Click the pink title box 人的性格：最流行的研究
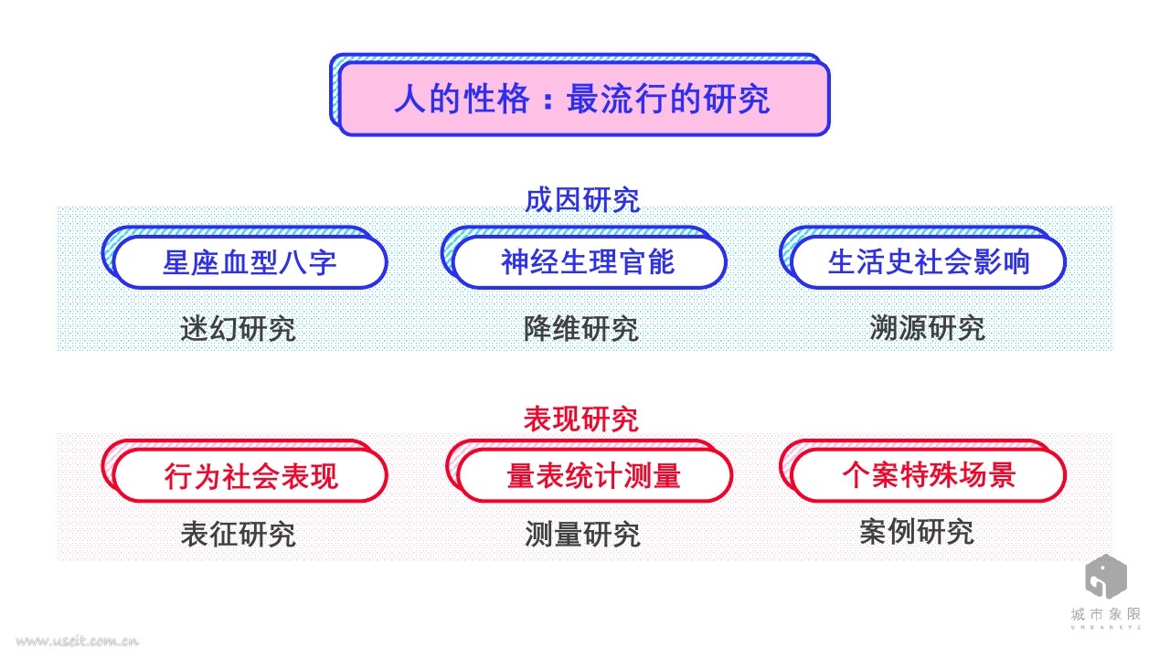point(583,98)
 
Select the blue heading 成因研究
point(581,200)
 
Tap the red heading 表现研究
point(581,419)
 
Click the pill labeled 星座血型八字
point(250,262)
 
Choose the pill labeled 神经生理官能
point(588,262)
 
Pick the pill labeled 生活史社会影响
point(928,262)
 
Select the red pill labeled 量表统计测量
point(593,476)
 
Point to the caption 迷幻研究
point(238,328)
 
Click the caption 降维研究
point(580,328)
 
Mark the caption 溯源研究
point(927,328)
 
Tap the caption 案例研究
point(916,532)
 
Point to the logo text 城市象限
point(1105,614)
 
